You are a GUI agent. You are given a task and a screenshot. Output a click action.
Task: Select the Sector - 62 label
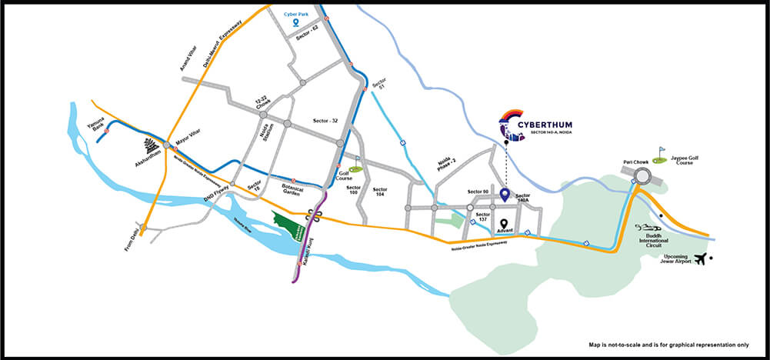305,37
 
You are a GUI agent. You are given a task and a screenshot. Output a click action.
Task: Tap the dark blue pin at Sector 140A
505,195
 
